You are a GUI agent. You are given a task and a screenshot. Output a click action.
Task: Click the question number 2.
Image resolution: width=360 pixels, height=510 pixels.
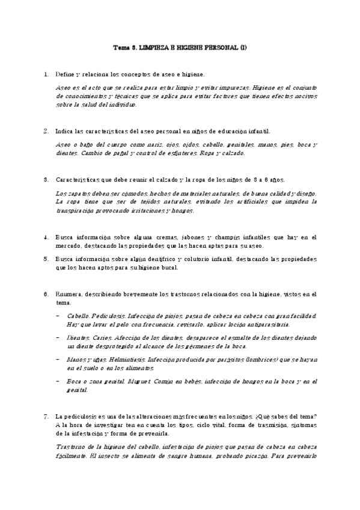tap(46, 131)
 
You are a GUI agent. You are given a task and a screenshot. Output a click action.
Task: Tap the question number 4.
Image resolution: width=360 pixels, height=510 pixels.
tap(46, 237)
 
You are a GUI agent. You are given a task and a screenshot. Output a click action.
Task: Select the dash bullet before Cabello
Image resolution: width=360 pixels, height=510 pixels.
tap(58, 316)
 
